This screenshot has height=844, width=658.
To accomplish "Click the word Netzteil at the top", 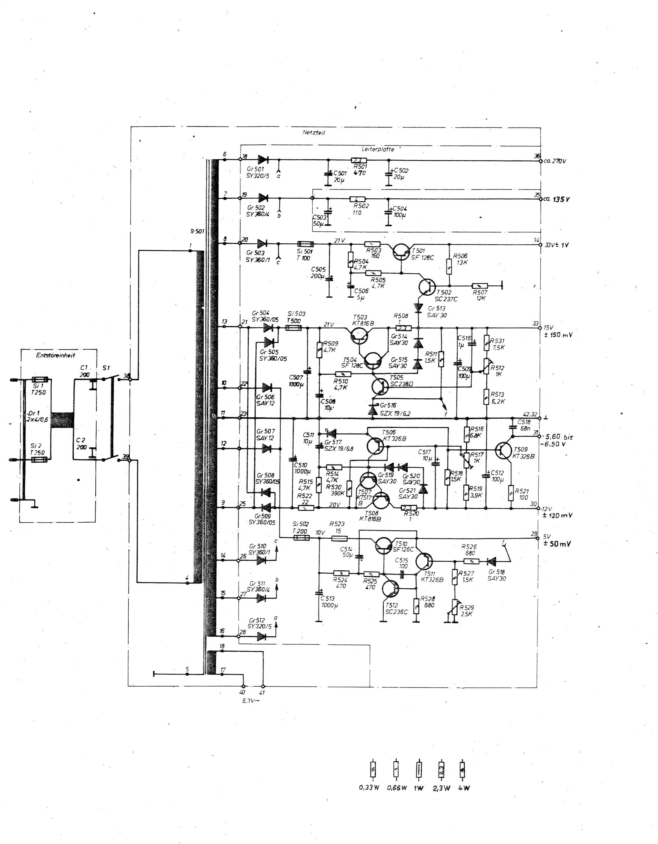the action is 313,132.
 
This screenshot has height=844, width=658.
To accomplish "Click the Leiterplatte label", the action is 378,149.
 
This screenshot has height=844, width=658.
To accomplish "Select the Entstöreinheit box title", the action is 56,355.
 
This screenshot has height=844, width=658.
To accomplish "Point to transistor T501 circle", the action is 400,252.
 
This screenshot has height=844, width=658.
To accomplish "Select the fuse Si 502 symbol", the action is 300,538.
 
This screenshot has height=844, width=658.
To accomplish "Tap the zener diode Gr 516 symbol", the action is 372,410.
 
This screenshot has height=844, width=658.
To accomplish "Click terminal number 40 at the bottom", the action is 243,692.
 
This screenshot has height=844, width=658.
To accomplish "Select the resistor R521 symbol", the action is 511,492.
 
